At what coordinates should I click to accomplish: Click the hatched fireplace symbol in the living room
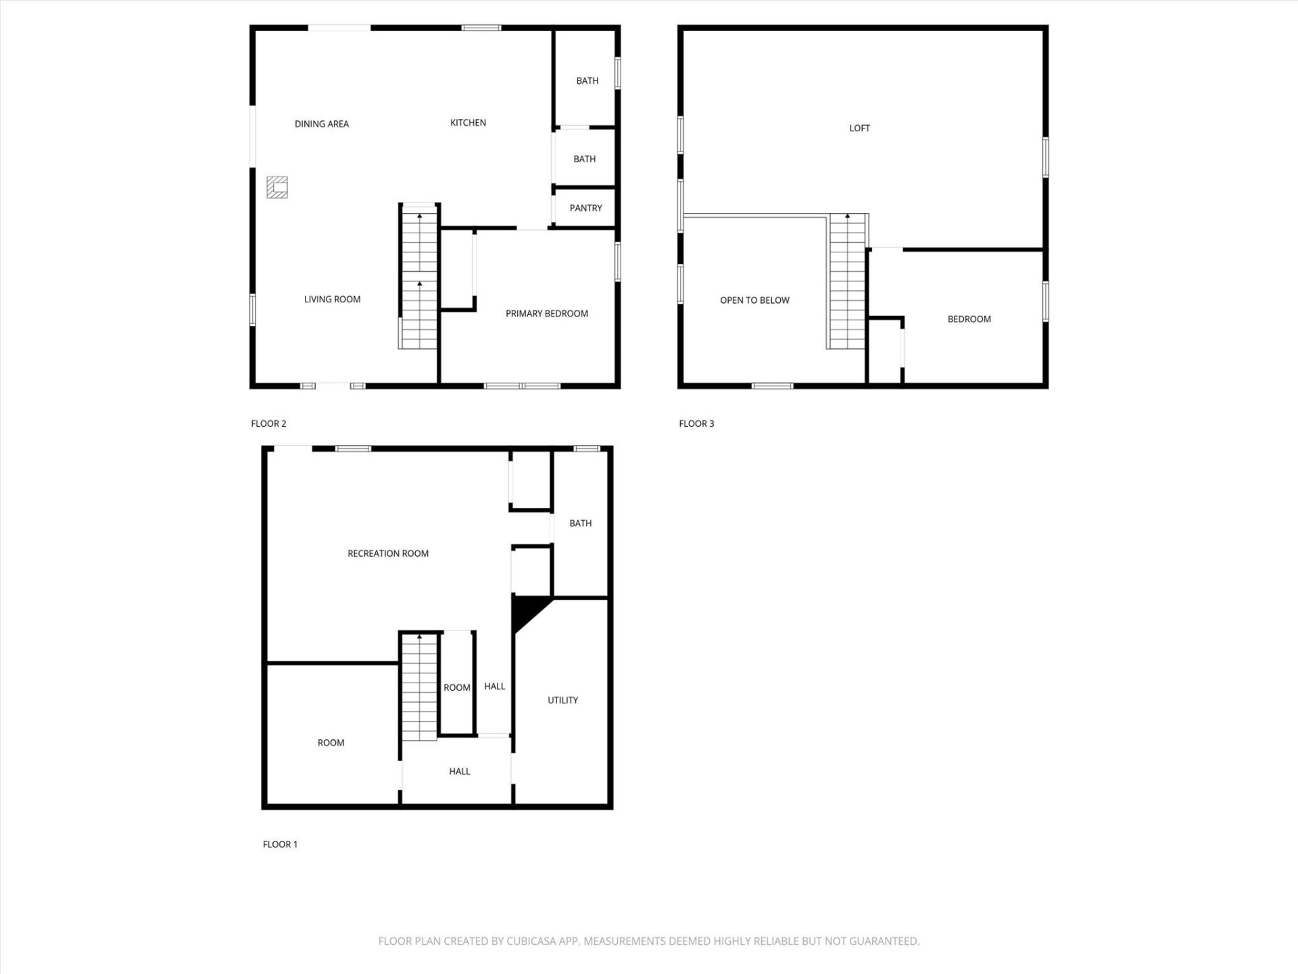click(277, 187)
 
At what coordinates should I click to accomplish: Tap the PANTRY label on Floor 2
click(585, 208)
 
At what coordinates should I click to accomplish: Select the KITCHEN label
click(468, 122)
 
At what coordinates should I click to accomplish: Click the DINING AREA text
click(322, 124)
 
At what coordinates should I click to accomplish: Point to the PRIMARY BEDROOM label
click(546, 313)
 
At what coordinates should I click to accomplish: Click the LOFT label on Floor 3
click(859, 128)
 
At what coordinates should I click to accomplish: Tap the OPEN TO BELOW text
click(754, 300)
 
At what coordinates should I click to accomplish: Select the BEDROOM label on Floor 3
click(969, 319)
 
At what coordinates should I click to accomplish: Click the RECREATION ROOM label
click(388, 553)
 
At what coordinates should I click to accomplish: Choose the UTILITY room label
click(562, 700)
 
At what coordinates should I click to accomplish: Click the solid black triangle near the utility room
click(525, 609)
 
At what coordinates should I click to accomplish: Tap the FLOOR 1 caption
click(280, 844)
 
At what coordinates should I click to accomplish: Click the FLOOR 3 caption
click(696, 423)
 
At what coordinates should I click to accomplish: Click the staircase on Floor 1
click(419, 687)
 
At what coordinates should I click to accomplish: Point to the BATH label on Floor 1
click(580, 524)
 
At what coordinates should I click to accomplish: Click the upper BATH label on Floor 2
click(587, 80)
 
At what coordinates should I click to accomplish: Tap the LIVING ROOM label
click(332, 299)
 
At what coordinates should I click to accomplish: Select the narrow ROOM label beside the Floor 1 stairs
click(456, 687)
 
